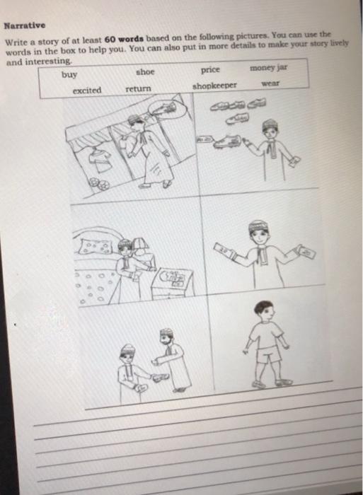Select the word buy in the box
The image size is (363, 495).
coord(69,74)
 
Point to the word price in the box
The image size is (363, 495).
coord(210,69)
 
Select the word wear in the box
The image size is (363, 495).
coord(270,83)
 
